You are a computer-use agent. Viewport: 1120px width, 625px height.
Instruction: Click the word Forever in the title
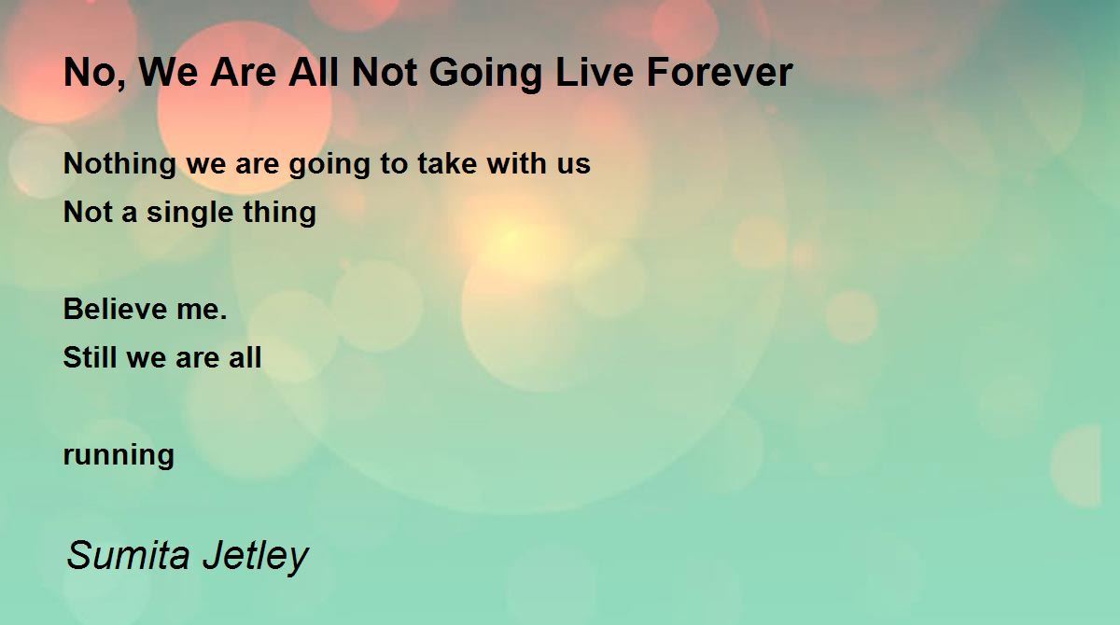pos(720,73)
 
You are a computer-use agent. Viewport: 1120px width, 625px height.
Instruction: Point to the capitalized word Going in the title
pos(486,75)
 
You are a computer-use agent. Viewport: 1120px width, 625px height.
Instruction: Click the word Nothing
pos(120,165)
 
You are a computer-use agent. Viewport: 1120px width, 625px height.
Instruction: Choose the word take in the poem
pos(447,163)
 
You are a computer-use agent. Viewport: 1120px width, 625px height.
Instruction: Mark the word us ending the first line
pos(574,167)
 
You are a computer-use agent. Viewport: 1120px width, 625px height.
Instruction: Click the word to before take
pos(394,164)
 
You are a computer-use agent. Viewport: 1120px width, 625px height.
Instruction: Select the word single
pos(190,214)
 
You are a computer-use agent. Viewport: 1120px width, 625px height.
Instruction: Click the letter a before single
pos(129,215)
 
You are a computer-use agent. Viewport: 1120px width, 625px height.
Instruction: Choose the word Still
pos(90,357)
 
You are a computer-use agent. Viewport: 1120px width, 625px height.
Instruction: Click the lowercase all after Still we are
pos(245,357)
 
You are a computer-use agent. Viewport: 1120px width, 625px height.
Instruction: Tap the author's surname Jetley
pos(256,558)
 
